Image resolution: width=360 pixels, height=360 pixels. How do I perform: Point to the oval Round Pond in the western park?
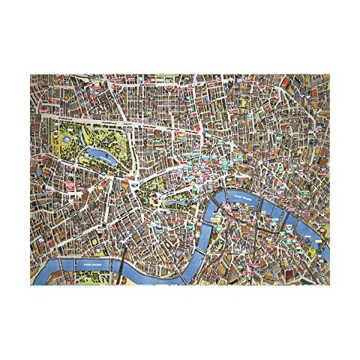pyautogui.click(x=70, y=136)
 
